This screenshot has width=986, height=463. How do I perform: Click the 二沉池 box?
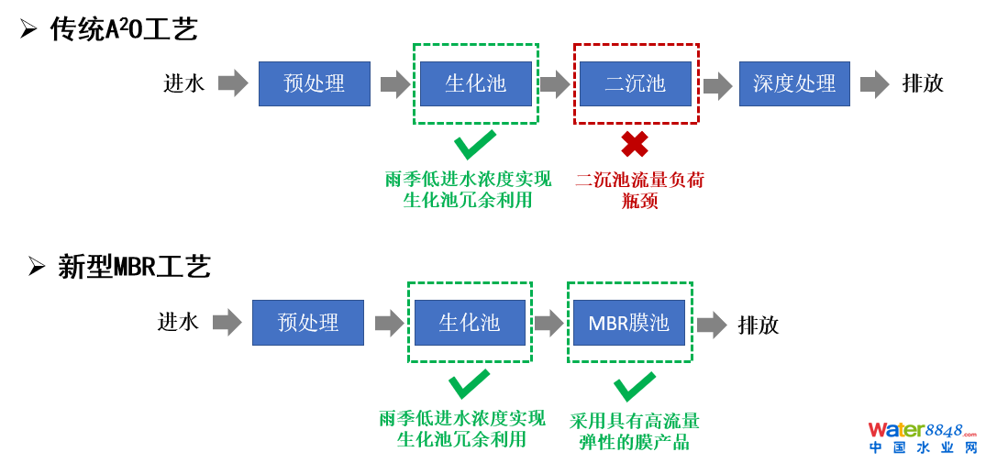(x=636, y=83)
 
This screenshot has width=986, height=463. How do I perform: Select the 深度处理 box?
(x=794, y=83)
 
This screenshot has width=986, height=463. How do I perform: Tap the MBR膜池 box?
(x=629, y=323)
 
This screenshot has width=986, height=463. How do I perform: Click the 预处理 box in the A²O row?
(x=315, y=83)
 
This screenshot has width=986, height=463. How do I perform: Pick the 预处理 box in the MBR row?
(x=308, y=323)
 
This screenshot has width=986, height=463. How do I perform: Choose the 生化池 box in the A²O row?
(x=476, y=83)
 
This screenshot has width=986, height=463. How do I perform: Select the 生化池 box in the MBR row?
(x=470, y=323)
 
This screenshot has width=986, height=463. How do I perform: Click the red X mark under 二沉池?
(x=635, y=144)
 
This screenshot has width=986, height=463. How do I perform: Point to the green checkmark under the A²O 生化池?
(x=475, y=144)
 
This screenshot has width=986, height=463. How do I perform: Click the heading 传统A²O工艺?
(x=123, y=29)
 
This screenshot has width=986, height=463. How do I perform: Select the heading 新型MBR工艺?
(x=134, y=267)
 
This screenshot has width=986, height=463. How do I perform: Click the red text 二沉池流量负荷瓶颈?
(x=639, y=190)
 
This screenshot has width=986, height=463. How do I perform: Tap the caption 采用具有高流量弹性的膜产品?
(x=635, y=431)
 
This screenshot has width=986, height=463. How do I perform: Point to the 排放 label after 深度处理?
(x=923, y=83)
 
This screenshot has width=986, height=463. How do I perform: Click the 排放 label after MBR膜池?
(x=759, y=325)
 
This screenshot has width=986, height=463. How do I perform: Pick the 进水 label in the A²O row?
(x=183, y=83)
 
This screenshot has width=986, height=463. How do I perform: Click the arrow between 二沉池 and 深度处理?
(x=717, y=85)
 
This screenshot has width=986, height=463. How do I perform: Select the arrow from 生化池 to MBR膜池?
(x=548, y=323)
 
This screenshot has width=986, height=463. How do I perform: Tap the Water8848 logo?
(x=923, y=437)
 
